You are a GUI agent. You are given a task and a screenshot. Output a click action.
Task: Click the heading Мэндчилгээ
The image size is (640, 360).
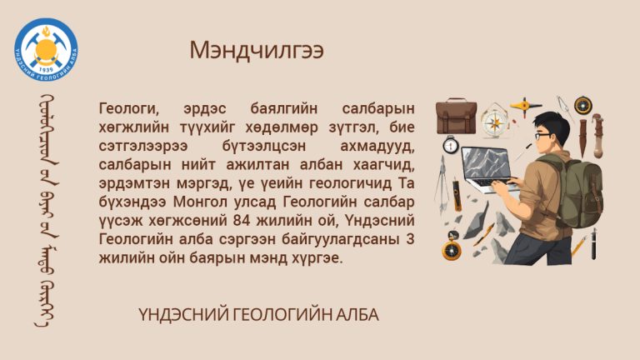click(257, 50)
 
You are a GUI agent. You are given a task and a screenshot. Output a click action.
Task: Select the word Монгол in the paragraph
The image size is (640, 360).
click(200, 202)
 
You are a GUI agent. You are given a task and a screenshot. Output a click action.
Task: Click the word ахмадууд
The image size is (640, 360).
click(377, 146)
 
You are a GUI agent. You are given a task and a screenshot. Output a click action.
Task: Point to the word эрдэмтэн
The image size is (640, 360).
click(134, 183)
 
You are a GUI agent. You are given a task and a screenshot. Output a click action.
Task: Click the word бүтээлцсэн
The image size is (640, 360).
click(264, 146)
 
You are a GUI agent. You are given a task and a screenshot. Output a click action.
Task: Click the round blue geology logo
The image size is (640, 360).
click(46, 49)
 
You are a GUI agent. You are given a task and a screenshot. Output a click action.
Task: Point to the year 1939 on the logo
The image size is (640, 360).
click(46, 70)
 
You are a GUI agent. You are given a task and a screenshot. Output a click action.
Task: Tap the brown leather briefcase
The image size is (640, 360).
click(456, 117)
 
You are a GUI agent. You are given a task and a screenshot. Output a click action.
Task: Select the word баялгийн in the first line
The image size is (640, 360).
click(283, 108)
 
